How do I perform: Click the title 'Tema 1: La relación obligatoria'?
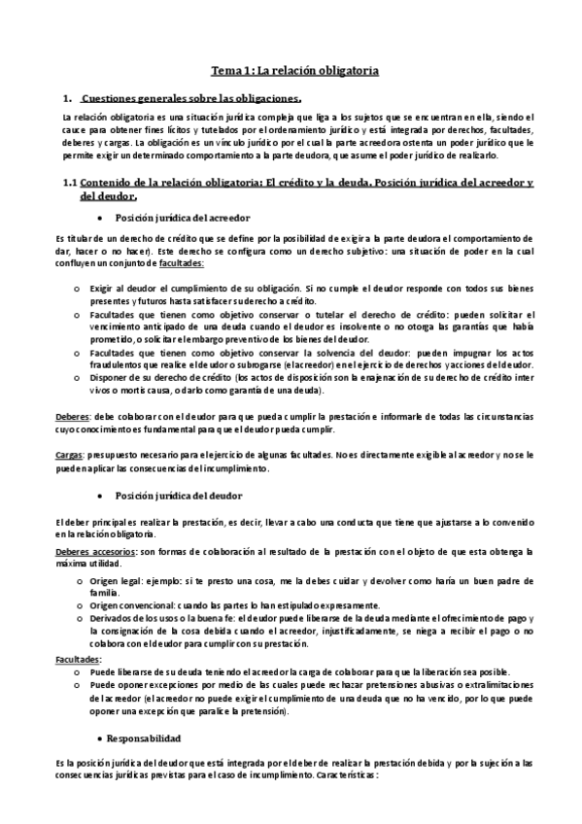(295, 71)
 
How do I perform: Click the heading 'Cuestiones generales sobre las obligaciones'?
(191, 98)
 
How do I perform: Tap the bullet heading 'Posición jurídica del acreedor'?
(182, 218)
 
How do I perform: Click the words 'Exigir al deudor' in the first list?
(120, 290)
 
